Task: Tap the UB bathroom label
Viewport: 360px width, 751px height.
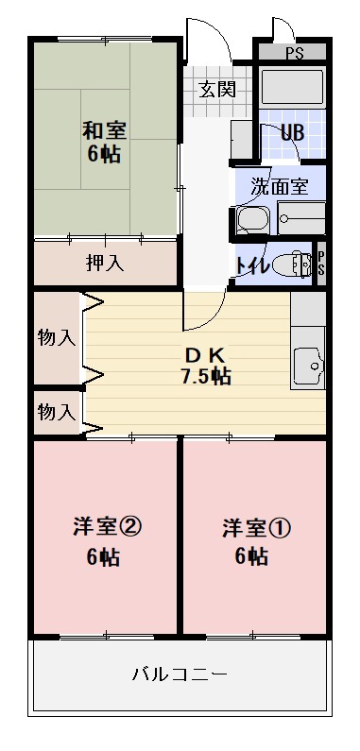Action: [292, 132]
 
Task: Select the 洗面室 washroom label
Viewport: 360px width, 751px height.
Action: [280, 186]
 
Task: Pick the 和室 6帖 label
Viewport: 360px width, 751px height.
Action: [104, 142]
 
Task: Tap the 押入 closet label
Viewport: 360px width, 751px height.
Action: [105, 263]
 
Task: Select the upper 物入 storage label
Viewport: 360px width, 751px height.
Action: [56, 337]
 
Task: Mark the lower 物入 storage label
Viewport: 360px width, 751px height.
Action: [56, 412]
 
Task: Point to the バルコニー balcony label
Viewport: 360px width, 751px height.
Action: [180, 674]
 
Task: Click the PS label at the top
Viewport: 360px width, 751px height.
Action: [293, 50]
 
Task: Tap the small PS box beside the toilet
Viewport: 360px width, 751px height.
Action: [320, 262]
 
